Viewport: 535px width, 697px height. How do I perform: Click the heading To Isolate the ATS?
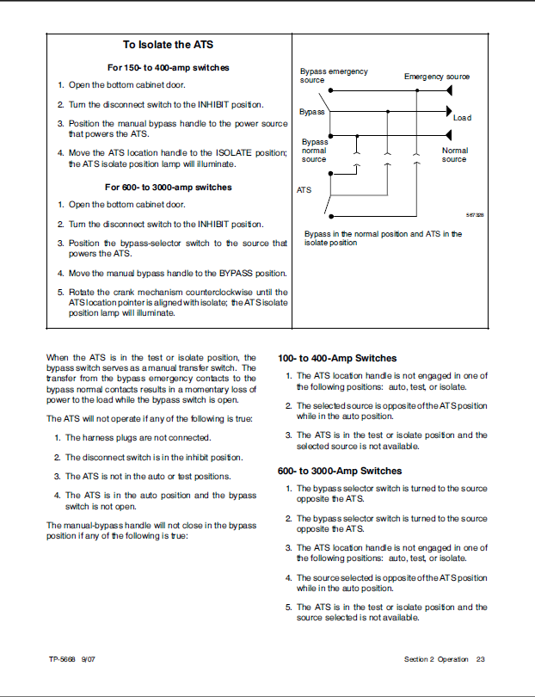168,45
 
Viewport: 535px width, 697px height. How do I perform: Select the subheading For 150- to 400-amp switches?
168,66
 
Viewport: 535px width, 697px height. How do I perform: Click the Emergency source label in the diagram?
437,77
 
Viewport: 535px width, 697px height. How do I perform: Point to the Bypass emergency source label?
333,76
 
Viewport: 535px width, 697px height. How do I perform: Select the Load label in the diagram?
462,118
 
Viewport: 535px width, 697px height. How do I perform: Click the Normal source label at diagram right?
454,155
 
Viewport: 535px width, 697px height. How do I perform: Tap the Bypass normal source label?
314,151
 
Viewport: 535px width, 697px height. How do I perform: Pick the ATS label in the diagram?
304,189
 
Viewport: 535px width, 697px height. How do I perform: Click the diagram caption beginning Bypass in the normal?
382,238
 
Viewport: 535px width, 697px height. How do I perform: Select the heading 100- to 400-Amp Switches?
337,358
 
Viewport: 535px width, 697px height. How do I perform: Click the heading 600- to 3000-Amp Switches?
340,471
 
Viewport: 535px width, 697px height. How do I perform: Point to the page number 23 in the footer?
481,659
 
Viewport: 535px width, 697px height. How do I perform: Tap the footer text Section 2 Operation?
436,659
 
